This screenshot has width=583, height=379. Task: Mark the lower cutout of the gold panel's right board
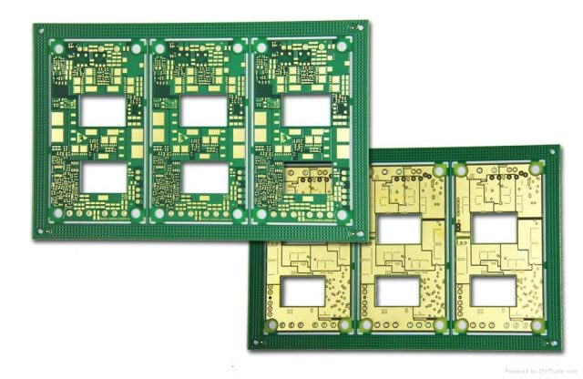pyautogui.click(x=493, y=292)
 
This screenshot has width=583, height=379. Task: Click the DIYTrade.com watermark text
pyautogui.click(x=541, y=371)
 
